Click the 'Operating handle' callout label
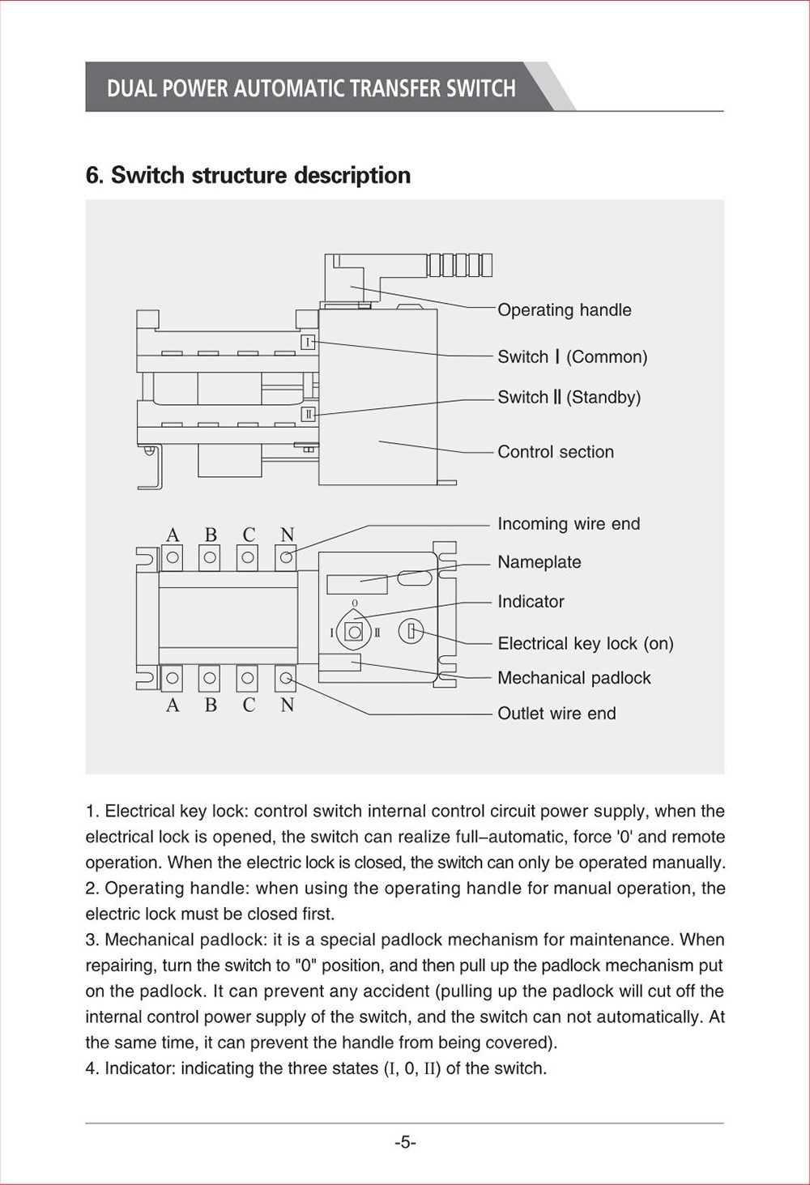coord(564,310)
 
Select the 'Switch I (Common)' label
coord(572,357)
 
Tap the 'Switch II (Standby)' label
coord(569,398)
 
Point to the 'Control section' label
coord(555,452)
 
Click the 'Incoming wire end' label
coord(568,524)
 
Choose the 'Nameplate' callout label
coord(539,562)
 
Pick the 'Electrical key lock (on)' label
coord(585,644)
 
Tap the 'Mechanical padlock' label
coord(573,678)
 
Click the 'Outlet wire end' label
coord(556,714)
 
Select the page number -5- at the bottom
coord(405,1143)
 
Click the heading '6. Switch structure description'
coord(248,176)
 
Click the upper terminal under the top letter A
coord(172,557)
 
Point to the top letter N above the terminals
coord(287,535)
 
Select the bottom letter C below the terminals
coord(249,705)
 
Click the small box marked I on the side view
coord(308,343)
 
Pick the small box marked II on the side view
coord(308,415)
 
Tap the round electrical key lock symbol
coord(411,632)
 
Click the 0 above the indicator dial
coord(354,603)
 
